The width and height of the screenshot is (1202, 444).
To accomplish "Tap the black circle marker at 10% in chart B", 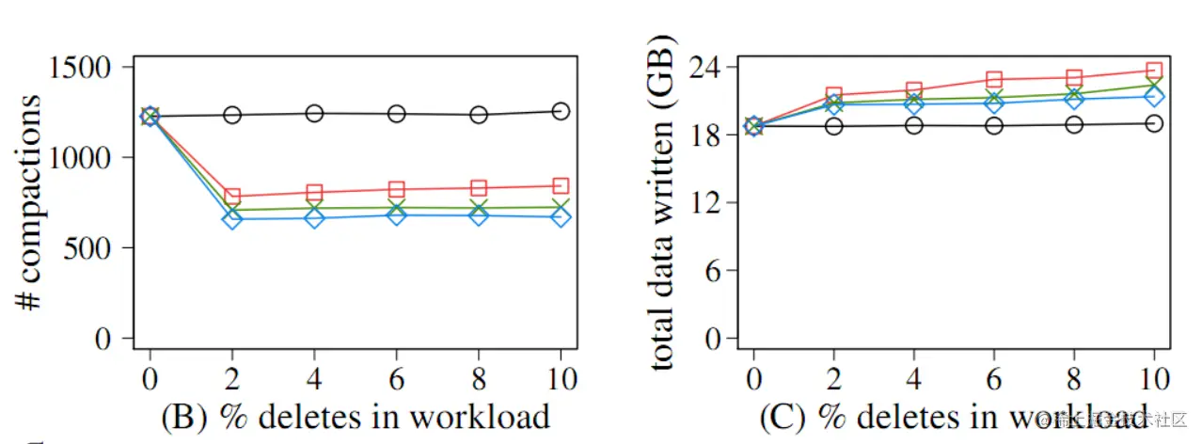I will pyautogui.click(x=561, y=111).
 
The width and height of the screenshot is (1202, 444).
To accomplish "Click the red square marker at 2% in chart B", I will pyautogui.click(x=232, y=197).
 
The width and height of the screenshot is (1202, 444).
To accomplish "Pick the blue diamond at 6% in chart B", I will pyautogui.click(x=397, y=215).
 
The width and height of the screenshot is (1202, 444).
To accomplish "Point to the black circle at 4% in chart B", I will pyautogui.click(x=314, y=113).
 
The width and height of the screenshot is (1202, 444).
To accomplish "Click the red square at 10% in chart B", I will pyautogui.click(x=561, y=186).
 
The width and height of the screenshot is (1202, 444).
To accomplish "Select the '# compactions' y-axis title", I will pyautogui.click(x=29, y=203).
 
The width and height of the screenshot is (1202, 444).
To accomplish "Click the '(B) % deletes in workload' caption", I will pyautogui.click(x=356, y=415).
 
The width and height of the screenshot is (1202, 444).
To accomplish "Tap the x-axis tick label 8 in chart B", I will pyautogui.click(x=480, y=379).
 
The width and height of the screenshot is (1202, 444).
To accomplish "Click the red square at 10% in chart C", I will pyautogui.click(x=1154, y=70).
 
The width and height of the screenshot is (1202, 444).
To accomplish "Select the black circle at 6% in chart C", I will pyautogui.click(x=993, y=125).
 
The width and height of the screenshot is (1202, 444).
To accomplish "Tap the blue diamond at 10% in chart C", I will pyautogui.click(x=1154, y=96).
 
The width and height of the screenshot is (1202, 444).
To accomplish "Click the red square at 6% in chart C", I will pyautogui.click(x=993, y=79).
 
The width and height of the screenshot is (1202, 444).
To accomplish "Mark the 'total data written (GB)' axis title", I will pyautogui.click(x=663, y=203).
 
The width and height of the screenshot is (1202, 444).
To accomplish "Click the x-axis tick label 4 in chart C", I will pyautogui.click(x=913, y=379).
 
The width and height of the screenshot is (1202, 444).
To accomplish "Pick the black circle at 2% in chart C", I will pyautogui.click(x=833, y=125).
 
